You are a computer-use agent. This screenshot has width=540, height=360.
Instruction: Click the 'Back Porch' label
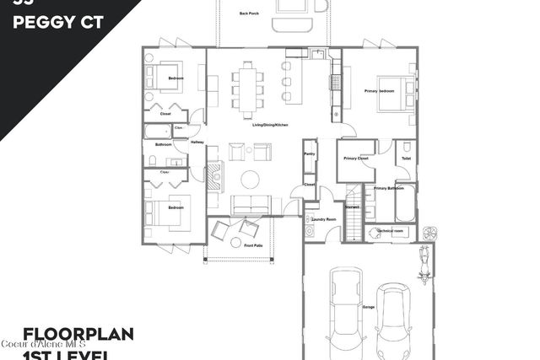pos(248,13)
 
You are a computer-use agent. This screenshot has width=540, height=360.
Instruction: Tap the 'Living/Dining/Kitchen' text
pos(270,125)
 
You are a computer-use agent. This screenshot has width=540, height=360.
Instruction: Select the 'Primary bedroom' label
pos(379,90)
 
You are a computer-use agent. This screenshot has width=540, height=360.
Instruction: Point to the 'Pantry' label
pos(309,154)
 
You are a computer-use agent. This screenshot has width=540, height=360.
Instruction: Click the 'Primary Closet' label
pos(356,159)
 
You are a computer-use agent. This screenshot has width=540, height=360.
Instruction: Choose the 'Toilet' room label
pos(406,159)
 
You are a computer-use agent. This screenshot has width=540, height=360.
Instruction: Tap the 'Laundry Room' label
pos(324,219)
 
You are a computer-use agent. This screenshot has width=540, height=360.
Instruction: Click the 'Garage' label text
pos(369,307)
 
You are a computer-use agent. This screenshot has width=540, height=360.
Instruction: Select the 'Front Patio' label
pos(254,245)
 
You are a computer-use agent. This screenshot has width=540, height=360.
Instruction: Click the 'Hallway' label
pos(197,142)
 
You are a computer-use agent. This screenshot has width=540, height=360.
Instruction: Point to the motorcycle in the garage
pos(424,261)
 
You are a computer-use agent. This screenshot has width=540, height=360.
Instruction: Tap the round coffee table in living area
pos(251,179)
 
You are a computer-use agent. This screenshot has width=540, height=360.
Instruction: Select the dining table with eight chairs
pos(248,88)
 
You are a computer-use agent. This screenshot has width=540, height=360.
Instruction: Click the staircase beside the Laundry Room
pos(352,222)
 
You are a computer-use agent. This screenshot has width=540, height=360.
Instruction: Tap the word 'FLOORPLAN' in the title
pos(78,335)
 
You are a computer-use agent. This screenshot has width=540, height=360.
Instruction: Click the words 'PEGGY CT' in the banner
pos(59,23)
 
